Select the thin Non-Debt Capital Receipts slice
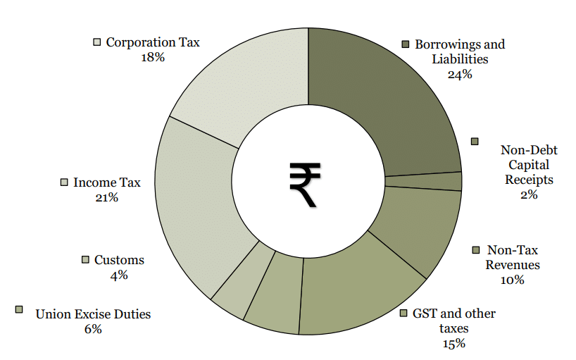[423, 182]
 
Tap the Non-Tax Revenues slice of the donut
[415, 225]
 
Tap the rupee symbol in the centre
[305, 184]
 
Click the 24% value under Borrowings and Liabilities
[459, 73]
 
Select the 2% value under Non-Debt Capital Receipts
[529, 195]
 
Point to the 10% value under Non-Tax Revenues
[513, 280]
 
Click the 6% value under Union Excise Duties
[93, 329]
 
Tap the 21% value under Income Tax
[106, 198]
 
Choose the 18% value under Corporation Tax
[153, 57]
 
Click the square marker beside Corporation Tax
[97, 42]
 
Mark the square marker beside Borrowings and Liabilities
[406, 44]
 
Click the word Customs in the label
[119, 260]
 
